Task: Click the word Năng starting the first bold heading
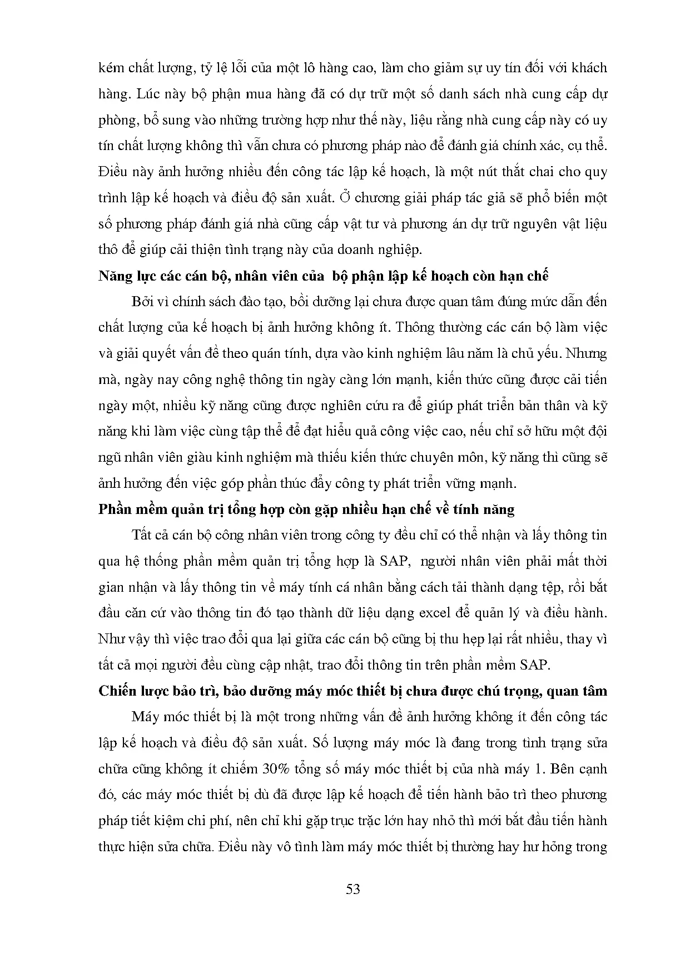point(114,276)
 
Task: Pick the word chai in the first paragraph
point(512,172)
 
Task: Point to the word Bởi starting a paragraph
point(142,302)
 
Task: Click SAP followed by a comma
point(395,561)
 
